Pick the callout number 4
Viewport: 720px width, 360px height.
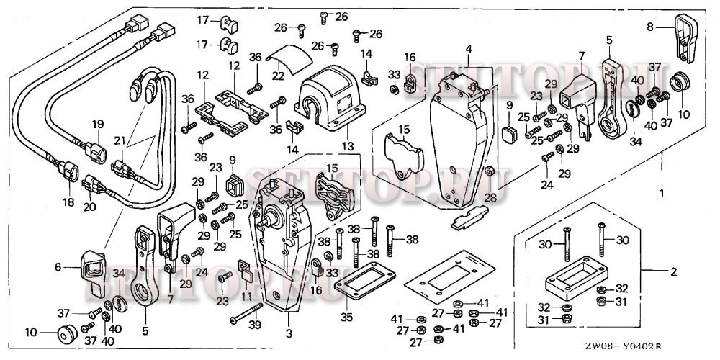click(x=468, y=49)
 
